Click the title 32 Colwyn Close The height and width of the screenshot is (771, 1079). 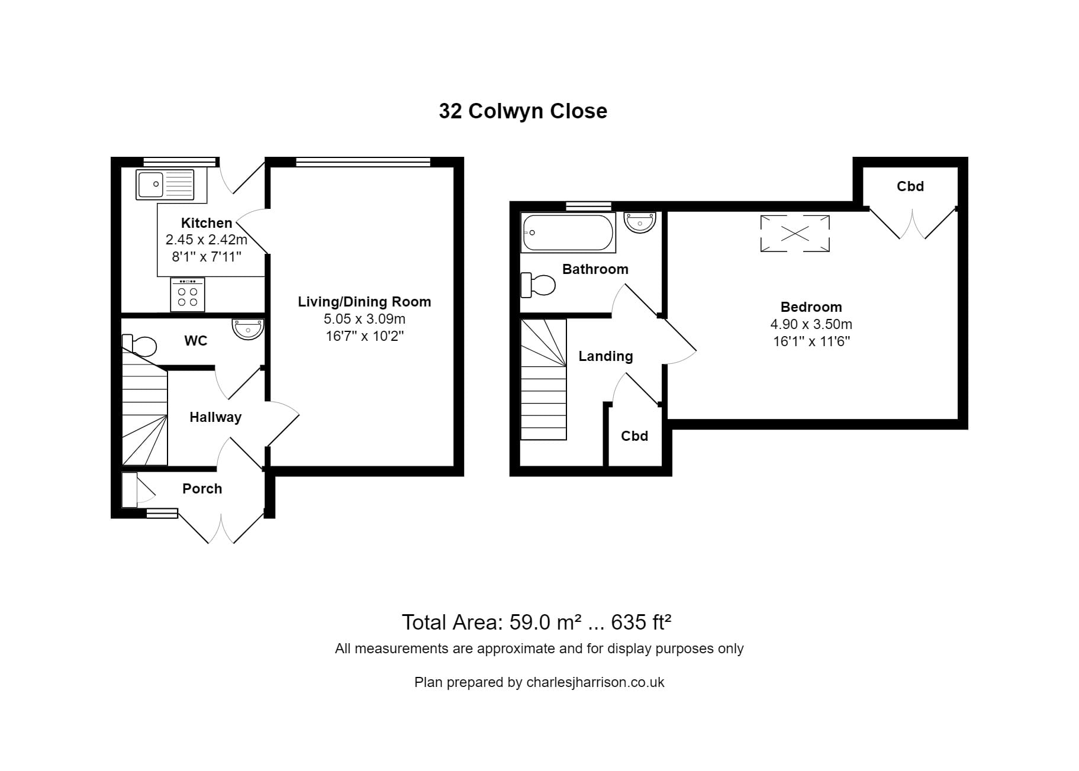523,111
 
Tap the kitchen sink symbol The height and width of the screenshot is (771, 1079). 165,184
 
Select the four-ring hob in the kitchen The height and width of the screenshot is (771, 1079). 188,294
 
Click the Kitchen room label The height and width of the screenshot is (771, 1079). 206,223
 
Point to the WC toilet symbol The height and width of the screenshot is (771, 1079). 140,345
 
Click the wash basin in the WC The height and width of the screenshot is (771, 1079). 248,329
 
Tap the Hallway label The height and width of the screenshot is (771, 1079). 215,417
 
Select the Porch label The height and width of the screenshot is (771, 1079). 202,489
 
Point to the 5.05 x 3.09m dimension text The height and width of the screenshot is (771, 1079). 364,319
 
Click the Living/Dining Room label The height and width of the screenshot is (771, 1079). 364,302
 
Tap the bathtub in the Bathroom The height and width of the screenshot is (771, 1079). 568,233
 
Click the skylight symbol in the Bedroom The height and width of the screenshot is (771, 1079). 794,234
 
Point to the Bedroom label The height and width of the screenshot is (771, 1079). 811,307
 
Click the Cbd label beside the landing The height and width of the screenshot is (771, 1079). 634,436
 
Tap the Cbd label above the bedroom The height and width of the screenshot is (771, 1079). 910,186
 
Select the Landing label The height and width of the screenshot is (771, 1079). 605,356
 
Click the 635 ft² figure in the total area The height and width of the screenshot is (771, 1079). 641,622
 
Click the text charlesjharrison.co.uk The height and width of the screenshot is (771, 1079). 595,682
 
